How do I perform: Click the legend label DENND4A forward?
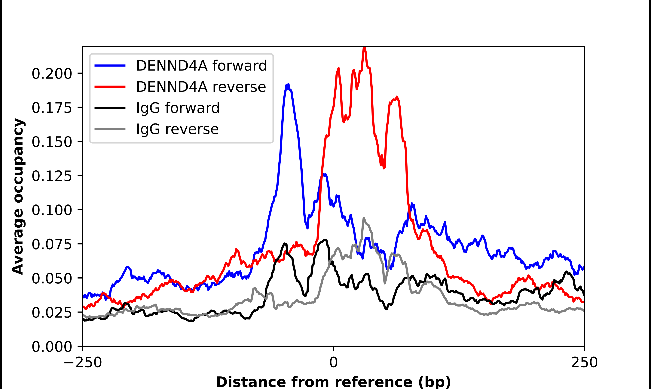tap(201, 66)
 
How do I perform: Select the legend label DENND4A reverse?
tap(201, 87)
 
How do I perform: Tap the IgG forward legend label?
tap(178, 108)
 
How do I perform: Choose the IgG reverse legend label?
tap(177, 129)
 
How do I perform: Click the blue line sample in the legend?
tap(110, 66)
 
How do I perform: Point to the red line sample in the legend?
tap(110, 87)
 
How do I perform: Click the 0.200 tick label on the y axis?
tap(52, 74)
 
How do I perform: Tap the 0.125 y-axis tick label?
tap(52, 176)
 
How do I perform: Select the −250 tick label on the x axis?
tap(83, 363)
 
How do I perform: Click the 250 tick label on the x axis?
tap(584, 363)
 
